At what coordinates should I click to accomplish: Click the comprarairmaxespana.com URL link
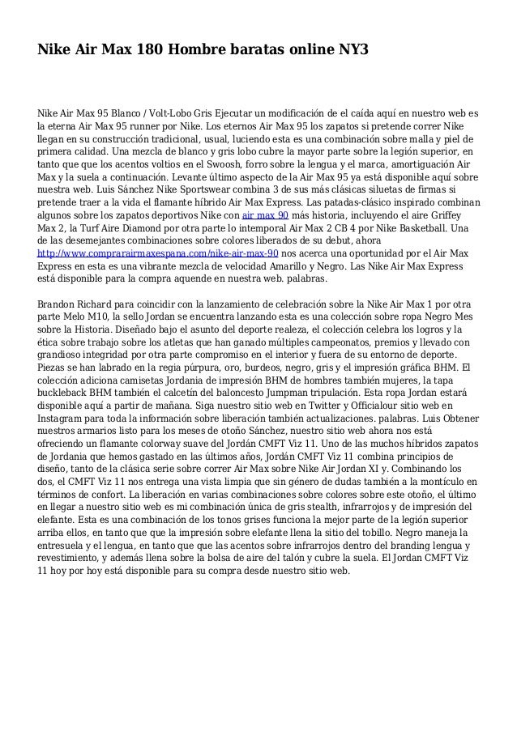[158, 253]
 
